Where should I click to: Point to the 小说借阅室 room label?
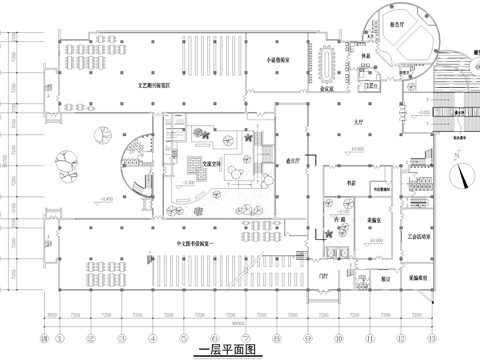click(277, 59)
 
